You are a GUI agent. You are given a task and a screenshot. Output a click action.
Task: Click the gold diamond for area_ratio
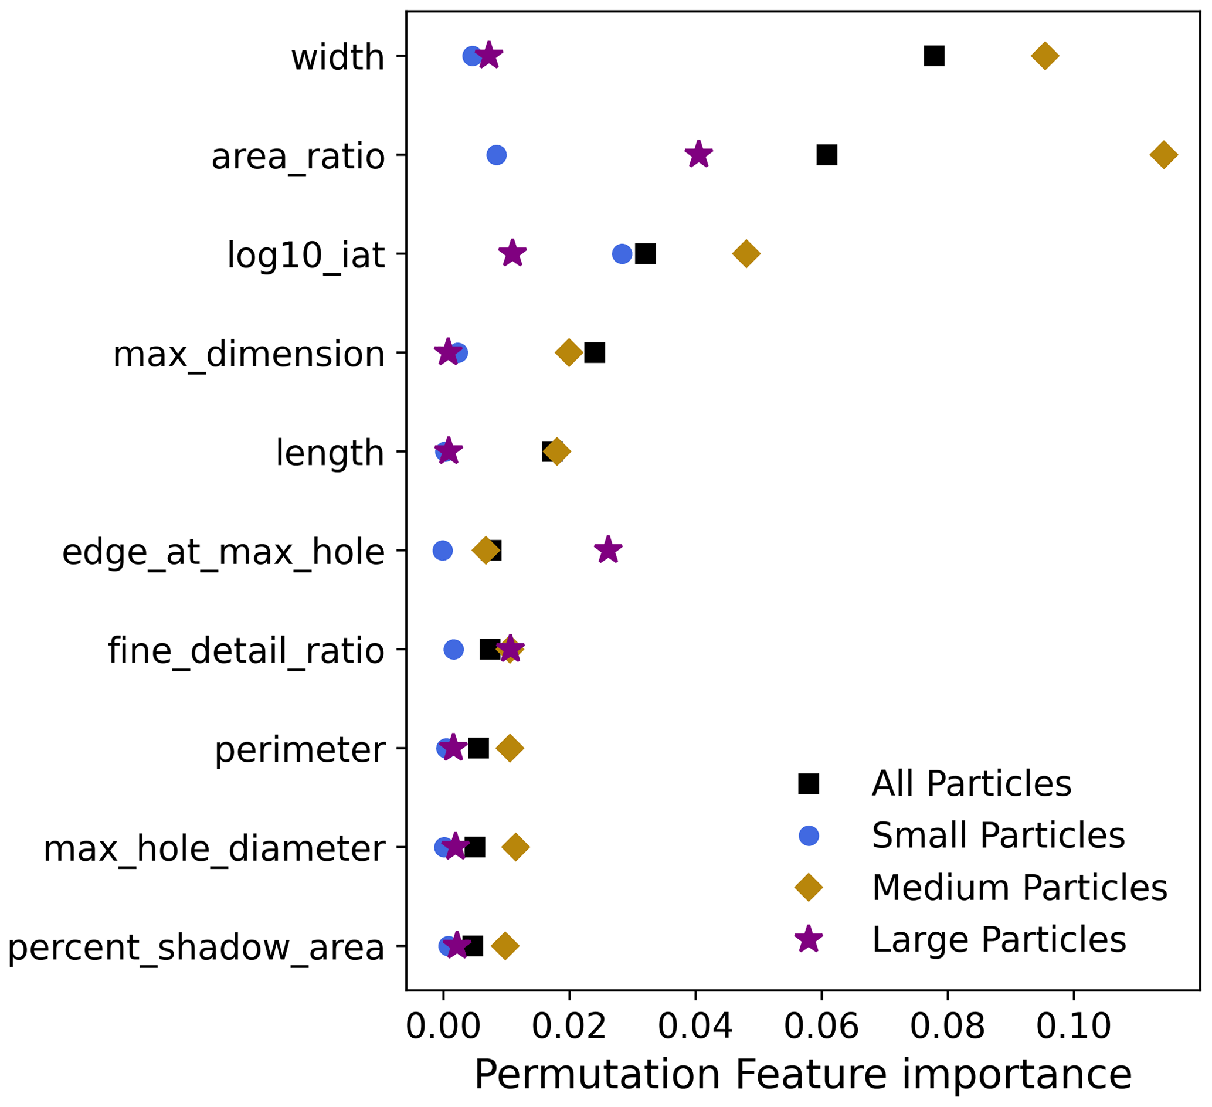click(1163, 155)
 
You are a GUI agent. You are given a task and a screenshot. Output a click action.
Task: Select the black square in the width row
click(933, 56)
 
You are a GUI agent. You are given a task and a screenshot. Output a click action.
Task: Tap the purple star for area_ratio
click(698, 155)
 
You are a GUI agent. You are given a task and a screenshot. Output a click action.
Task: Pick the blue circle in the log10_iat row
click(622, 254)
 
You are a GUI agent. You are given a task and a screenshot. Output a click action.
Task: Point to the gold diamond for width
click(1045, 56)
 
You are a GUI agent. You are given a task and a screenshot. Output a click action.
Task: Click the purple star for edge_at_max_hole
click(608, 550)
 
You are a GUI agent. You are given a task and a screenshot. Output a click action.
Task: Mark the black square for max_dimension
click(595, 353)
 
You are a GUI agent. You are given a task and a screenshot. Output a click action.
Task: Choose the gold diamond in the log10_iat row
click(746, 254)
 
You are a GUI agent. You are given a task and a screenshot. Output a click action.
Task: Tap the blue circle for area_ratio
click(496, 155)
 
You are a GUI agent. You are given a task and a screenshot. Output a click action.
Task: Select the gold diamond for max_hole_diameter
click(515, 847)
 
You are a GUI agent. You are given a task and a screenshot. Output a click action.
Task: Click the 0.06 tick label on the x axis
click(821, 1027)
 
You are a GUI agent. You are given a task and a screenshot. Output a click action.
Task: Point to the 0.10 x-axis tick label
click(1073, 1027)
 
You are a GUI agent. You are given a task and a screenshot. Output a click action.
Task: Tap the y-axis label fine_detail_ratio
click(246, 651)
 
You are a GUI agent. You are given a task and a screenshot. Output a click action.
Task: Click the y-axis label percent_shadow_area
click(196, 947)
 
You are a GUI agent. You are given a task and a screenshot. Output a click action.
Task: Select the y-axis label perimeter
click(300, 749)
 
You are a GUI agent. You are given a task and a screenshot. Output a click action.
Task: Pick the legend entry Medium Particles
click(1020, 888)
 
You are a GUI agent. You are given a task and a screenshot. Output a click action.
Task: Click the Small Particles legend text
click(998, 835)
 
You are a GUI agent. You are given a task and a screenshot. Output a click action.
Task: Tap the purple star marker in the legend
click(809, 939)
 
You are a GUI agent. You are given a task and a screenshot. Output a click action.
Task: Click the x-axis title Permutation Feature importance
click(803, 1075)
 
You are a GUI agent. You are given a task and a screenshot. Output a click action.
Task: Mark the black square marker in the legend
click(809, 783)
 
